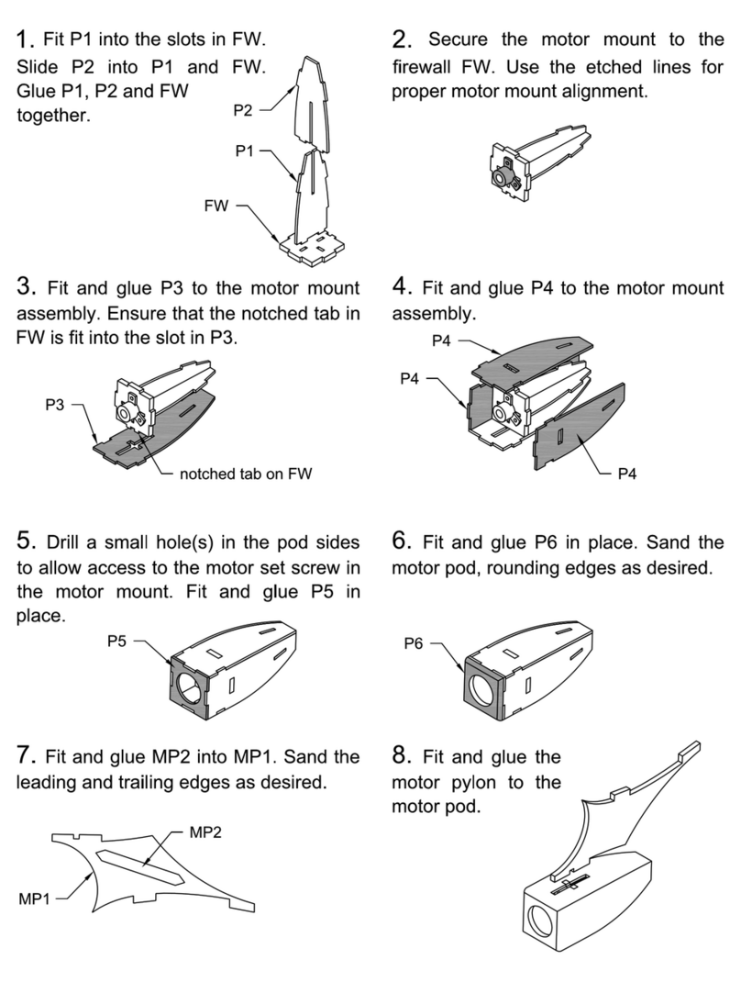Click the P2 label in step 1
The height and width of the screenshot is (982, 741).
242,110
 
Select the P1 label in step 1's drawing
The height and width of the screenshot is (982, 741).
245,151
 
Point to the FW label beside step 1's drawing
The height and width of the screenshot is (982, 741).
216,206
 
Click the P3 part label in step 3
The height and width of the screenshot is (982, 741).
54,405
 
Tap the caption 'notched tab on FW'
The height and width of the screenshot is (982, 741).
246,474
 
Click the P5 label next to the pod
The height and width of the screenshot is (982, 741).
116,642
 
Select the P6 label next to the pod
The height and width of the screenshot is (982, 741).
413,643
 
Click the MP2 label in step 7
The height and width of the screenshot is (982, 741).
205,832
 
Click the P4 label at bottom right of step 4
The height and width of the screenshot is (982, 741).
626,474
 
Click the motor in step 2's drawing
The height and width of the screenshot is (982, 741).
503,178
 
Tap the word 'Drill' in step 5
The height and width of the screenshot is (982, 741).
61,542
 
